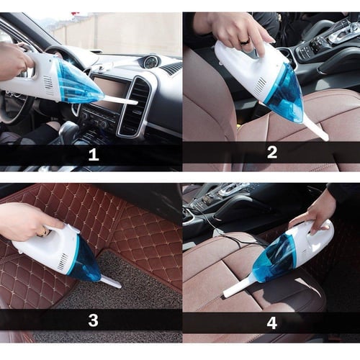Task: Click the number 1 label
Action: pyautogui.click(x=94, y=155)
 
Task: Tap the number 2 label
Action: pyautogui.click(x=272, y=152)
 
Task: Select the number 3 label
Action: pyautogui.click(x=93, y=320)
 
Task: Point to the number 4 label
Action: pyautogui.click(x=271, y=323)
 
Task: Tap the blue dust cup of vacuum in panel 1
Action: pyautogui.click(x=79, y=83)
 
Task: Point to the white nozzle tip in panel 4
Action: pyautogui.click(x=227, y=293)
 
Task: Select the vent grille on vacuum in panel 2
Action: pyautogui.click(x=261, y=86)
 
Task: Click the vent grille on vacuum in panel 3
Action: pyautogui.click(x=63, y=261)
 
